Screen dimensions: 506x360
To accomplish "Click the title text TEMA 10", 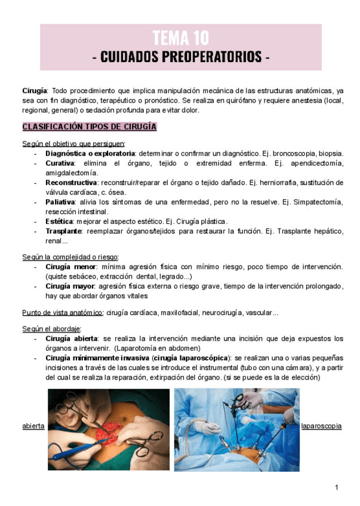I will [181, 39].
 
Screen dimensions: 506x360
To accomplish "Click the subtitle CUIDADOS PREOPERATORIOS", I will [181, 57].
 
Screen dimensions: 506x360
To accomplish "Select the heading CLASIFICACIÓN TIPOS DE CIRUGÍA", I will [89, 127].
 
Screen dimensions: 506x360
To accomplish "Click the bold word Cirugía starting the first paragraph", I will [34, 91].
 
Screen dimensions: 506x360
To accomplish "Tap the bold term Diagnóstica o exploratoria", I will [90, 153].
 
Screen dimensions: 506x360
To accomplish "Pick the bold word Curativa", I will [60, 163].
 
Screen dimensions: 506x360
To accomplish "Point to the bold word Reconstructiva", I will [71, 183].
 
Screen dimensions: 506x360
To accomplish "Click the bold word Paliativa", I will [59, 202].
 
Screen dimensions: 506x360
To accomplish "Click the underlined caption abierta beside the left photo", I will [33, 427].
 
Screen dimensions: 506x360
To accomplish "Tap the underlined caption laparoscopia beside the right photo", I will [321, 427].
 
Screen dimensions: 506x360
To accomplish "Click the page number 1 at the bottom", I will [337, 488].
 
